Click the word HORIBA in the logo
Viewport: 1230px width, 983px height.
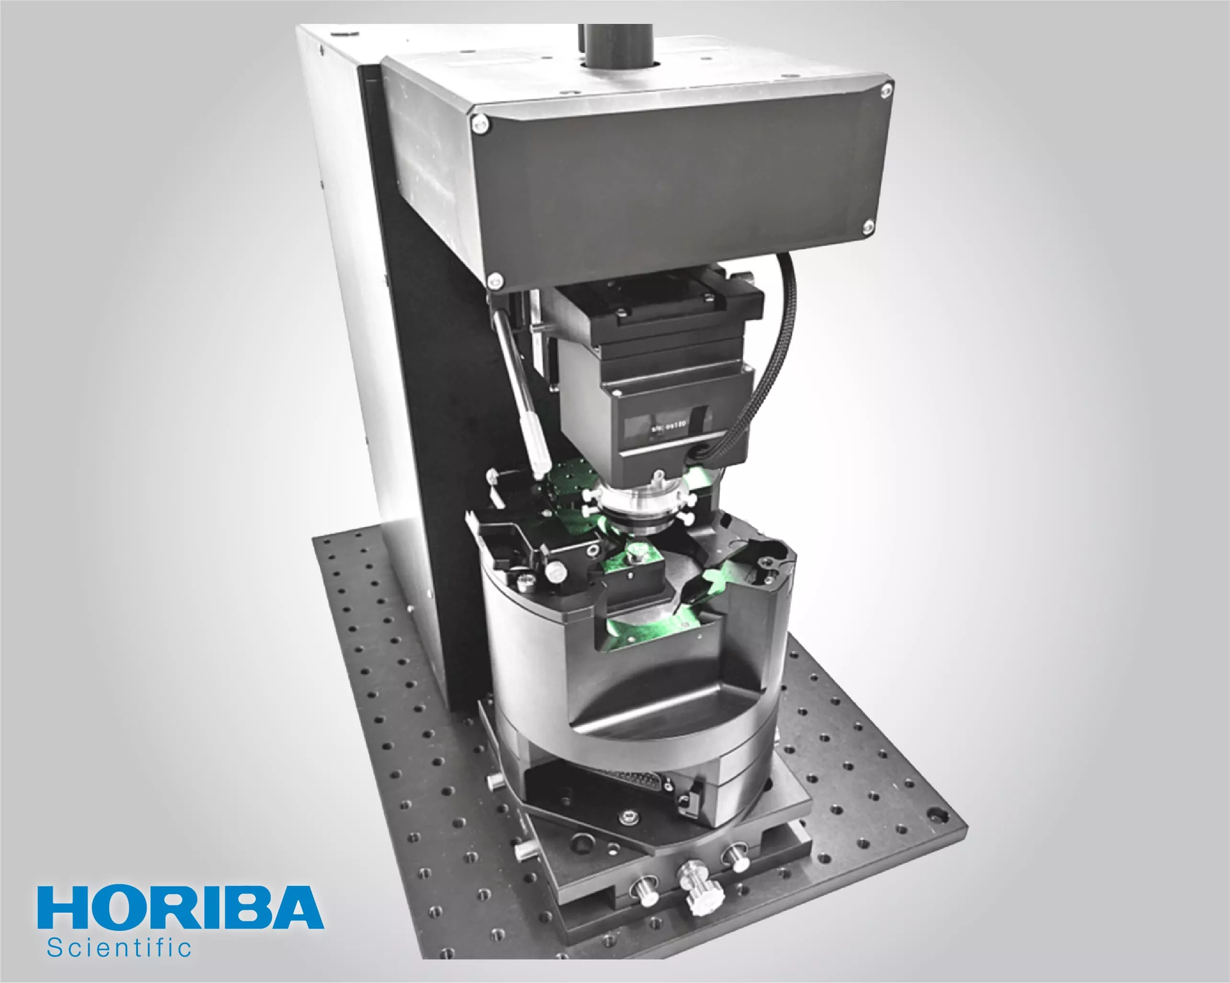pos(180,906)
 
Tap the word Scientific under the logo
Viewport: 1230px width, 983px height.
pos(119,948)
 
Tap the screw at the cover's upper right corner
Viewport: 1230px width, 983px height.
pos(886,90)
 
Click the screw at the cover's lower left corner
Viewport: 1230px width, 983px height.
pos(495,279)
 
